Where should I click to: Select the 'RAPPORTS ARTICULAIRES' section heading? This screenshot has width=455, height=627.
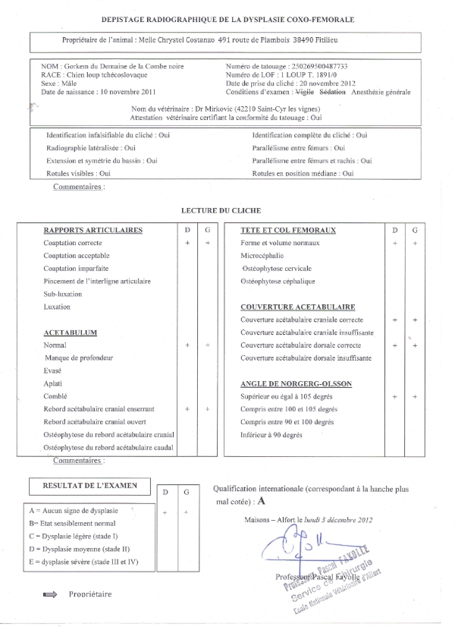93,229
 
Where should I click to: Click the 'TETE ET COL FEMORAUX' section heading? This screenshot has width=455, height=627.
288,229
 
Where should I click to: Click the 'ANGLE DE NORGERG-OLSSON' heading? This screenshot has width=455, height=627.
296,383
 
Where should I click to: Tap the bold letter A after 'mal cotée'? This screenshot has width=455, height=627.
262,501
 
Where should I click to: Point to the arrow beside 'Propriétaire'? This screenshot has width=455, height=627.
52,595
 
